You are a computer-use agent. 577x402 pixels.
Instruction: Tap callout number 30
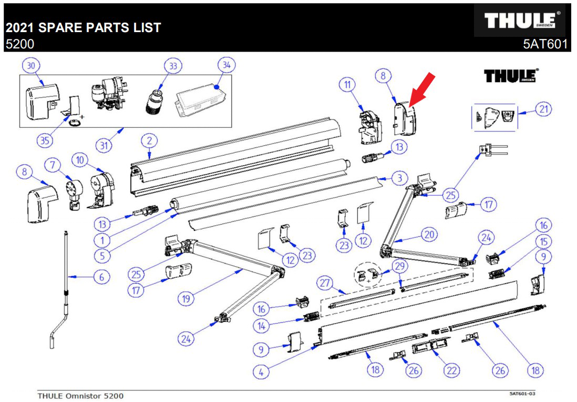31,65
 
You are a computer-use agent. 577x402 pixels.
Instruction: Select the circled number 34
226,65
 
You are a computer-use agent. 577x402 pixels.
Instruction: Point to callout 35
46,140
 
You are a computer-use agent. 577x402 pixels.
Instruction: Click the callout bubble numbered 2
149,140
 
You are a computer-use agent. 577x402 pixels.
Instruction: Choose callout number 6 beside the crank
101,276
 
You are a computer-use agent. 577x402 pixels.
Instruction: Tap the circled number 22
450,370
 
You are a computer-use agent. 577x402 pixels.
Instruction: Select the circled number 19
186,298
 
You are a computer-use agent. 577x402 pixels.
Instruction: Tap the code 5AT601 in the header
545,44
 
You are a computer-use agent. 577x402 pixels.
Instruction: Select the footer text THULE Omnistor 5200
81,395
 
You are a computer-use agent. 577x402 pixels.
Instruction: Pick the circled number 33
173,66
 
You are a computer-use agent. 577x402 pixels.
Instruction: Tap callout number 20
430,235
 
